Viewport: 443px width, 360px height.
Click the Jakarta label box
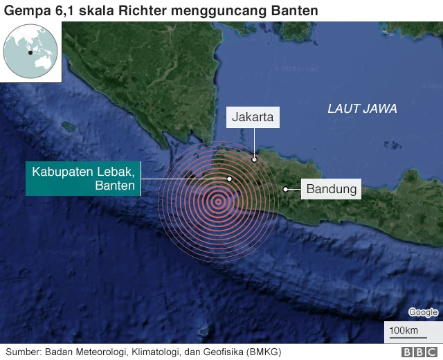(x=252, y=118)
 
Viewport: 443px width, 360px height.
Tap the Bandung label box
(x=332, y=188)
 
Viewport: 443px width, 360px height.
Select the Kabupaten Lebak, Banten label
(x=83, y=178)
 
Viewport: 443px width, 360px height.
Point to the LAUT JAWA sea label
(x=362, y=109)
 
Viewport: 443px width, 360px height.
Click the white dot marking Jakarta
(x=254, y=159)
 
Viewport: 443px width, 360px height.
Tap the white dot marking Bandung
(x=285, y=188)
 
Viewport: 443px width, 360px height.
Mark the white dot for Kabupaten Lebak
(x=229, y=179)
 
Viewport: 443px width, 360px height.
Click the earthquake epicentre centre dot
(x=218, y=202)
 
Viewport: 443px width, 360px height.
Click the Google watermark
(x=422, y=312)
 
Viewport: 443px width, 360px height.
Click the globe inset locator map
(x=30, y=52)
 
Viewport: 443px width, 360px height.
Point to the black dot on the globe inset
(x=30, y=53)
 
